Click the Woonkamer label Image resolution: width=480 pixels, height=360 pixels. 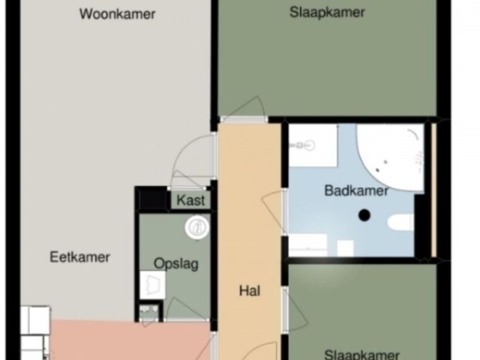point(117,13)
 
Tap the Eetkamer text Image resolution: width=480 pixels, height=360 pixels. point(79,257)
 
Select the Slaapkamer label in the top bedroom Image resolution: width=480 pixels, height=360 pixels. point(327,12)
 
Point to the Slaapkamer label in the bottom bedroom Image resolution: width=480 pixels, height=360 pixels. point(361,355)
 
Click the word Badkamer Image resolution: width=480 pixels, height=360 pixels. point(356,190)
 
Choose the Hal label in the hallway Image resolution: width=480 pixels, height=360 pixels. point(250,290)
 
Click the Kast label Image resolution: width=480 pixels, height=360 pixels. point(191,200)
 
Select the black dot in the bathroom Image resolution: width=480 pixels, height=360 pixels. point(364,215)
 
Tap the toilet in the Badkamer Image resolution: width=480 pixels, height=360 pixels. point(401,223)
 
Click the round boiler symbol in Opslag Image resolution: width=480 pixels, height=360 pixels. point(197,227)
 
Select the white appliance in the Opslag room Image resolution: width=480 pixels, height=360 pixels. point(152,285)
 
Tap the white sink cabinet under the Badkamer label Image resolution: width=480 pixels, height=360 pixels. point(308,244)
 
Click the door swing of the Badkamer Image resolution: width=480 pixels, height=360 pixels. point(273,211)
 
